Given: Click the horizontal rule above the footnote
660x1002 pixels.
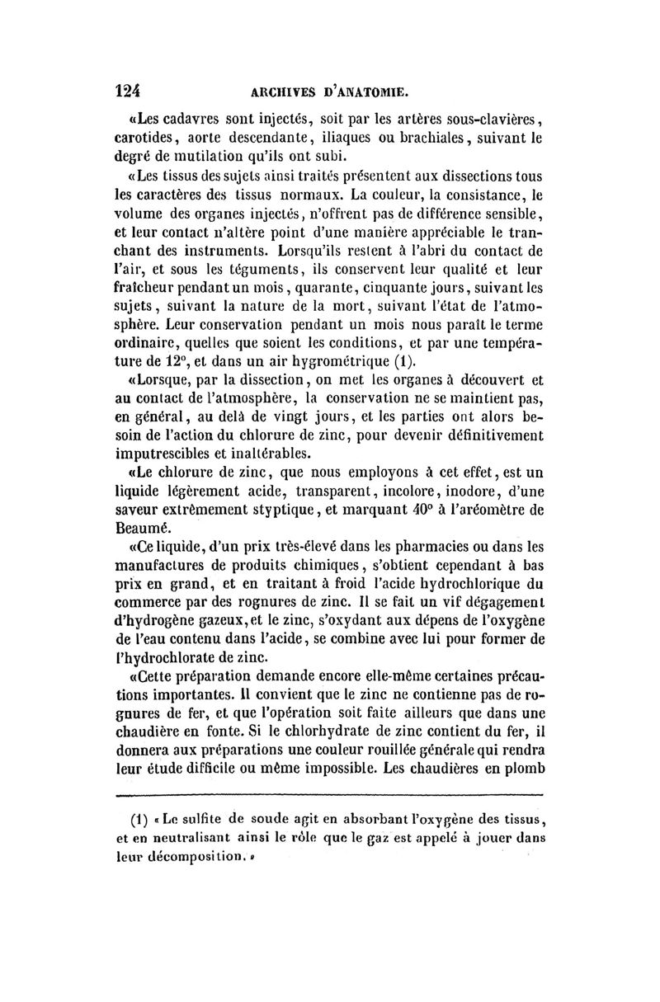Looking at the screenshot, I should pos(330,796).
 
